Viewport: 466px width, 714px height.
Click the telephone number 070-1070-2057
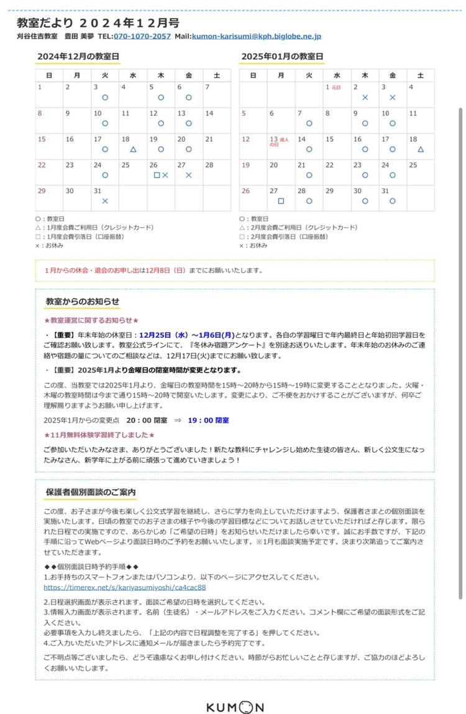click(x=142, y=37)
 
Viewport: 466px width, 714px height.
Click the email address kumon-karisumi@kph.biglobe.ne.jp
click(x=257, y=37)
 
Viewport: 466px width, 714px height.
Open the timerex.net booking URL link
click(x=124, y=587)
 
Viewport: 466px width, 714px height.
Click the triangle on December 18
click(x=133, y=150)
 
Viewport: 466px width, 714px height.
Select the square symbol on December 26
click(x=157, y=176)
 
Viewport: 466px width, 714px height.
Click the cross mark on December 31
click(x=105, y=201)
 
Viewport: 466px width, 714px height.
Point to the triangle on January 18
click(x=421, y=150)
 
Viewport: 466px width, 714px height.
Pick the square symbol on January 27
click(x=281, y=201)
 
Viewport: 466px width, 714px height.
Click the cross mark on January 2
click(x=365, y=97)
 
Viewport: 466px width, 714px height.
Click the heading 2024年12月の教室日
click(x=78, y=56)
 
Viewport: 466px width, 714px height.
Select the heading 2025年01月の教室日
click(x=282, y=56)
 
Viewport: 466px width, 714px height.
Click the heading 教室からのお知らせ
click(x=82, y=302)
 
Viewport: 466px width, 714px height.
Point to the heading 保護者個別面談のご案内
click(x=91, y=492)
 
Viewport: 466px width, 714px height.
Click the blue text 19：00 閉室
click(x=208, y=420)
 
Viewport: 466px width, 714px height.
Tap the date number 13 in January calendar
click(x=273, y=139)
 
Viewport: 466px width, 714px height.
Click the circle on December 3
click(x=105, y=97)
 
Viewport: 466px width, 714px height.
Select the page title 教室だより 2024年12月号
click(x=98, y=23)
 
